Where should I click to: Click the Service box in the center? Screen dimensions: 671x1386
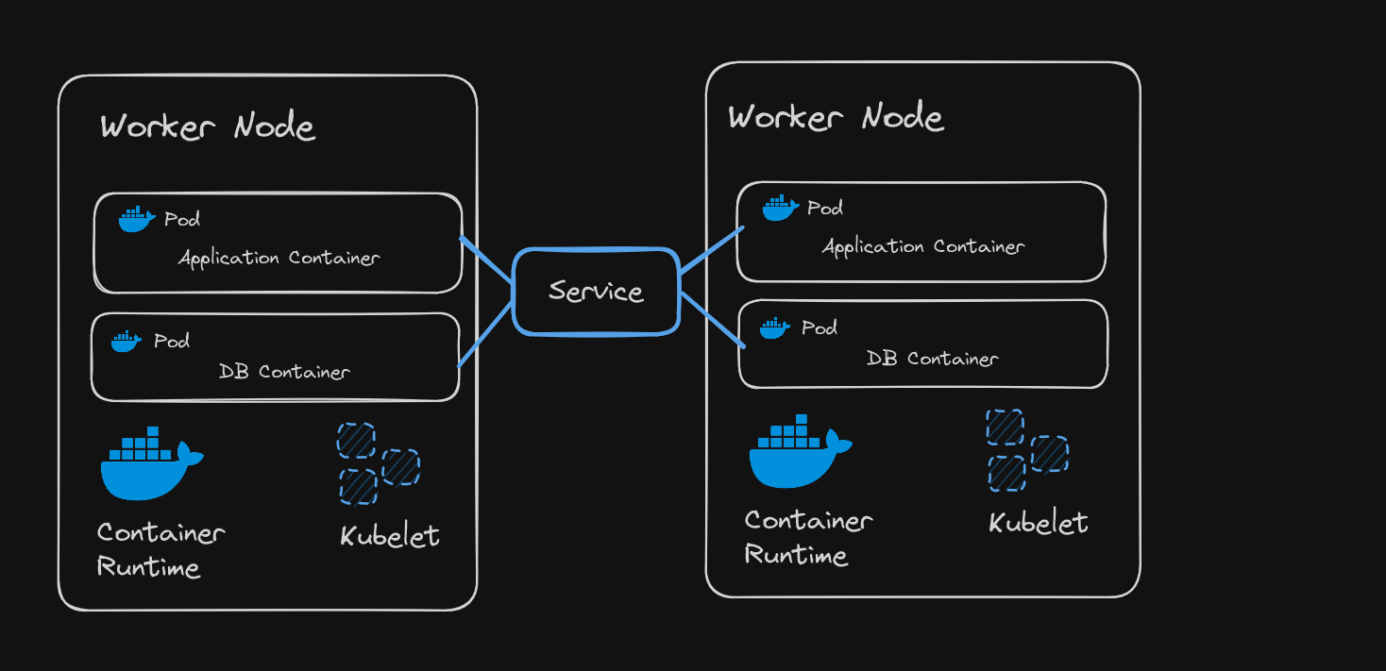pyautogui.click(x=596, y=291)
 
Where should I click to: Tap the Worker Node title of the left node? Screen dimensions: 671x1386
pyautogui.click(x=208, y=126)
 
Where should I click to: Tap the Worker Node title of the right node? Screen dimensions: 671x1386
pyautogui.click(x=836, y=117)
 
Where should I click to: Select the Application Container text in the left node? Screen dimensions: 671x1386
pyautogui.click(x=279, y=258)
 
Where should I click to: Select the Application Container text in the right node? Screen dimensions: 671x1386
pyautogui.click(x=923, y=247)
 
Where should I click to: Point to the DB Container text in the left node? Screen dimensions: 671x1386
pyautogui.click(x=284, y=372)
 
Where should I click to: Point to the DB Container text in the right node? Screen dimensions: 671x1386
pyautogui.click(x=933, y=359)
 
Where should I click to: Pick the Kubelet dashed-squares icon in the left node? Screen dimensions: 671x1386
pyautogui.click(x=378, y=463)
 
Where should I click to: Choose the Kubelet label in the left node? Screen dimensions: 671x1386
pyautogui.click(x=390, y=536)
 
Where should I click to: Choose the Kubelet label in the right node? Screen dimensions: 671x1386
pyautogui.click(x=1039, y=523)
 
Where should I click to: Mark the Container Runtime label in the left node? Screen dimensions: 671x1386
pyautogui.click(x=161, y=549)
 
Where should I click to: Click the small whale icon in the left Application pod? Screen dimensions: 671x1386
pyautogui.click(x=136, y=219)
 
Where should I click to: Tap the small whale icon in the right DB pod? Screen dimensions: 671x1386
pyautogui.click(x=774, y=328)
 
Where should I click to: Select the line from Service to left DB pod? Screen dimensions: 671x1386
pyautogui.click(x=486, y=334)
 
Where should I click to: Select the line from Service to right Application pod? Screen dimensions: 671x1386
pyautogui.click(x=712, y=250)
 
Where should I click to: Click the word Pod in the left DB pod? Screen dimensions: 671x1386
pyautogui.click(x=172, y=341)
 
